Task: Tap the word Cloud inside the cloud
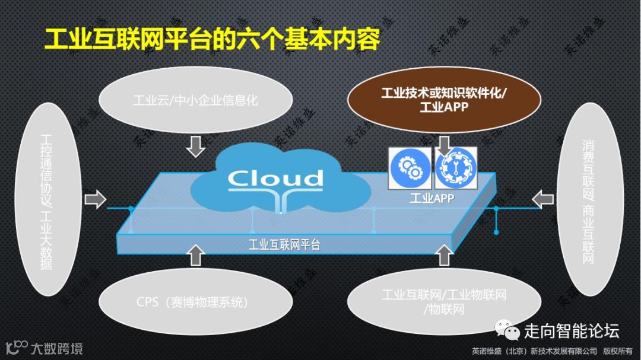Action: [275, 178]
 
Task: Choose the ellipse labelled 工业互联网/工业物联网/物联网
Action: [444, 301]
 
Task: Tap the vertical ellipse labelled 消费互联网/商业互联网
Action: [588, 199]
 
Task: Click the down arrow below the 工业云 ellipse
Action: [195, 146]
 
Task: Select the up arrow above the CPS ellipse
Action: [195, 254]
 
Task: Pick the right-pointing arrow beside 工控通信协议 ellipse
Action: [94, 198]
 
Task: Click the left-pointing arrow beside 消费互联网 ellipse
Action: [542, 198]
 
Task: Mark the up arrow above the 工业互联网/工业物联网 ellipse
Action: [443, 255]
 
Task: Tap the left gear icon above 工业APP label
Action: [408, 168]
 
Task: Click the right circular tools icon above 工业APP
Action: [455, 168]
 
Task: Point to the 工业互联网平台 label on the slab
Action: [284, 245]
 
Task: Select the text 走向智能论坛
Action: [571, 330]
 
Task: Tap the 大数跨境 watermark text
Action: [57, 348]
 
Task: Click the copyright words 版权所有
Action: [618, 350]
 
